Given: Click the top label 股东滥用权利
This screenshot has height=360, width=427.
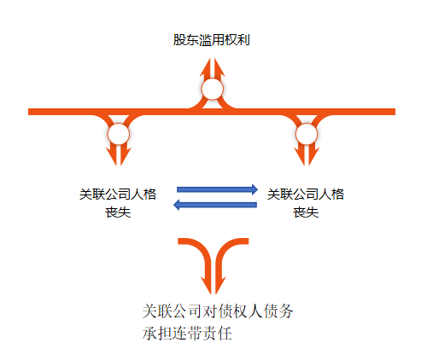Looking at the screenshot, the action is coord(212,40).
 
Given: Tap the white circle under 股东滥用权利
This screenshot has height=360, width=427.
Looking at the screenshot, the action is coord(213,90).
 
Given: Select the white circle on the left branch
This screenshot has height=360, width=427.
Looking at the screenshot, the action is coord(119,134).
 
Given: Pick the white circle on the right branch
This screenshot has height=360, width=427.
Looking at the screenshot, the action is coord(307,134).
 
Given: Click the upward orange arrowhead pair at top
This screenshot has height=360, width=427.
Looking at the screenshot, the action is coord(213,67).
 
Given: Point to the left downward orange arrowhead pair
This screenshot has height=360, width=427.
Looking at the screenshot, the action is coord(119,156).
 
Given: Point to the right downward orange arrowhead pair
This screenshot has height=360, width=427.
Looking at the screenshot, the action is coord(307,156).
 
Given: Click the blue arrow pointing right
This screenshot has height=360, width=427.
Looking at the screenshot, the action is coord(217,189).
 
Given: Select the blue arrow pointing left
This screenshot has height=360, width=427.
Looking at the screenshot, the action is coord(215,205).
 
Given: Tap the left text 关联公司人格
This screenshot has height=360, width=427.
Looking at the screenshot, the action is coord(118,195).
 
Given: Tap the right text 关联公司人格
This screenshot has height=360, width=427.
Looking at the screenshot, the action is coord(306,195).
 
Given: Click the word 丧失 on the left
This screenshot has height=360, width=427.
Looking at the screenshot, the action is coord(118,212).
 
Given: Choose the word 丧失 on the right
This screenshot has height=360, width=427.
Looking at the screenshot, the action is coord(306,212).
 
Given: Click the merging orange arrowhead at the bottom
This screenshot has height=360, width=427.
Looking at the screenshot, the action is coord(213,285).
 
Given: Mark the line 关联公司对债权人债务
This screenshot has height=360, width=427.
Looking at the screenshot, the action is coord(218,311).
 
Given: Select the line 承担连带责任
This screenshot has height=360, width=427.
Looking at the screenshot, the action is coord(187,334).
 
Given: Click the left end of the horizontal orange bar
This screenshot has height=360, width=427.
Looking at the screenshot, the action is coord(28,112).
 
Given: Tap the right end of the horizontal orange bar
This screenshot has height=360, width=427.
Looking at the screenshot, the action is coord(395,112).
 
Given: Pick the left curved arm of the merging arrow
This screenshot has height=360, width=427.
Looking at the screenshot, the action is coord(202,249).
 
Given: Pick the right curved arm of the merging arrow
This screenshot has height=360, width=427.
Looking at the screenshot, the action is coord(225,249).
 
